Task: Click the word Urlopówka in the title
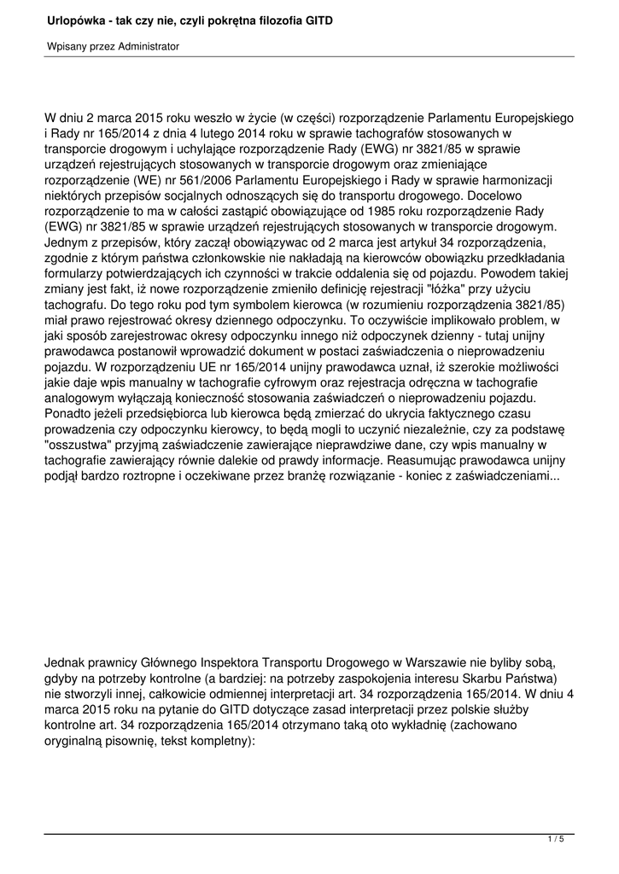(x=75, y=19)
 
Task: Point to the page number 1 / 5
(x=555, y=840)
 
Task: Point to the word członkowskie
(x=249, y=258)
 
